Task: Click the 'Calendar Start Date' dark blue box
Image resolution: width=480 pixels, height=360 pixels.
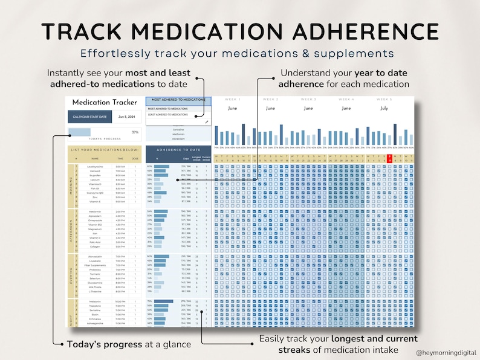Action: pyautogui.click(x=90, y=117)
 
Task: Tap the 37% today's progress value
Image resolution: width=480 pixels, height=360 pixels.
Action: pyautogui.click(x=135, y=132)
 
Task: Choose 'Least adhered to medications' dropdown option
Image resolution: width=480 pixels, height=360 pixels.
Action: pyautogui.click(x=168, y=114)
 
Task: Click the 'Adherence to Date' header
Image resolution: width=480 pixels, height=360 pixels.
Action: pyautogui.click(x=178, y=149)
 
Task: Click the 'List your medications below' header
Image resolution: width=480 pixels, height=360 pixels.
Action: pyautogui.click(x=103, y=149)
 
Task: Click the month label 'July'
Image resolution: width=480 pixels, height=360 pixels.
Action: pyautogui.click(x=384, y=109)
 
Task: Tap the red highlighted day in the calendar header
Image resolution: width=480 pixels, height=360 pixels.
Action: pyautogui.click(x=389, y=158)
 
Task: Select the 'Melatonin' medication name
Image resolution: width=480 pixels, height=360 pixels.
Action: pyautogui.click(x=94, y=301)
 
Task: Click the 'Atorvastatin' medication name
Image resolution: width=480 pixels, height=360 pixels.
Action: pyautogui.click(x=94, y=256)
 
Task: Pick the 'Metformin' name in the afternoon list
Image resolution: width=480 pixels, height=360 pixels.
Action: pyautogui.click(x=94, y=211)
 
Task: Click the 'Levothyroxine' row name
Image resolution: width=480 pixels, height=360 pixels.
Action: pyautogui.click(x=94, y=166)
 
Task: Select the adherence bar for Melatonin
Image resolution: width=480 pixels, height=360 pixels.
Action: pyautogui.click(x=164, y=301)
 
